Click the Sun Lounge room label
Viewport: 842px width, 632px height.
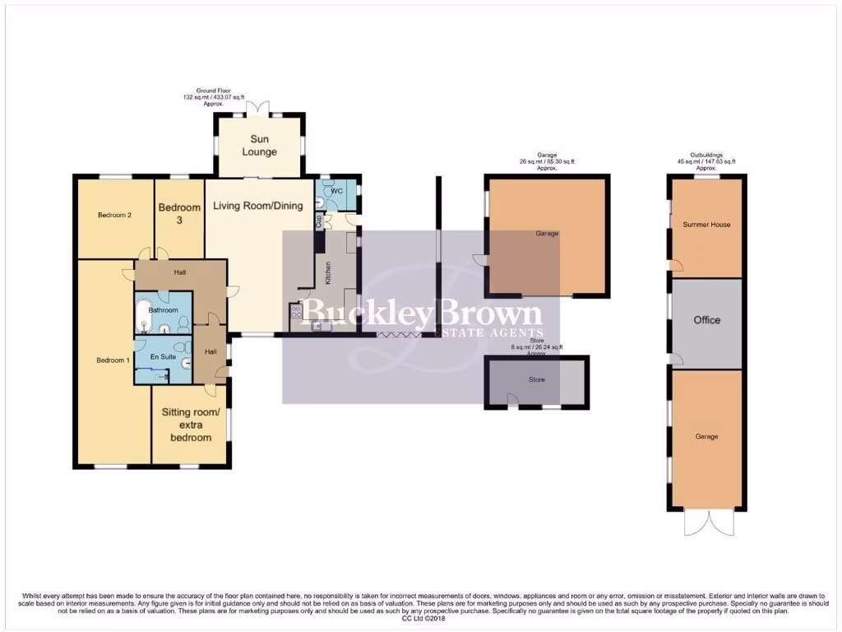coord(259,146)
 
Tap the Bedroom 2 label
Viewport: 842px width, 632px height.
coord(115,215)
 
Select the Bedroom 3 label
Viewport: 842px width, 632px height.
coord(180,213)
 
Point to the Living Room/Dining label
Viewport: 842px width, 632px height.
coord(258,206)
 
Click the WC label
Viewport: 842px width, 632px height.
coord(335,191)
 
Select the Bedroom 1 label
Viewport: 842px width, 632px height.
coord(113,360)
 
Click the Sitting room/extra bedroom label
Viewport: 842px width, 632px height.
coord(191,425)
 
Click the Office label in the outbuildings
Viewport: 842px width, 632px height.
coord(706,320)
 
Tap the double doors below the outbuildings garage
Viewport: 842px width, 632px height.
coord(706,523)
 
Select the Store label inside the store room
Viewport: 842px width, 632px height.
coord(536,380)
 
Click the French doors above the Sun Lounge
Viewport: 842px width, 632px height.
coord(258,106)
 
